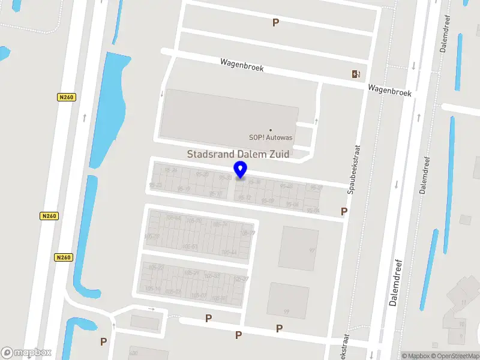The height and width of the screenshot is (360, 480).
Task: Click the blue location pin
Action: click(241, 170)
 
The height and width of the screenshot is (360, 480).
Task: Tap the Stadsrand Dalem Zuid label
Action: click(238, 154)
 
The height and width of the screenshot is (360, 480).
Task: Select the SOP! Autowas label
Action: click(271, 137)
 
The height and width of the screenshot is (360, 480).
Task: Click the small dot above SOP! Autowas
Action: click(271, 130)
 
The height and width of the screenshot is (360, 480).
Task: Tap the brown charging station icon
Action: click(356, 74)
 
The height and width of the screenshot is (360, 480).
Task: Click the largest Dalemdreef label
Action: click(394, 282)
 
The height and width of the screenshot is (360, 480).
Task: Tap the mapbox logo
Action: click(26, 353)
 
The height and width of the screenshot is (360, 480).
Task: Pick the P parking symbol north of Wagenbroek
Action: click(276, 22)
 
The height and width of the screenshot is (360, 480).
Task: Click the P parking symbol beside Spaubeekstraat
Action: click(344, 211)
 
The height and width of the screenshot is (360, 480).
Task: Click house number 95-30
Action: click(202, 175)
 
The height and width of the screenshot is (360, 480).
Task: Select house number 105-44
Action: click(229, 253)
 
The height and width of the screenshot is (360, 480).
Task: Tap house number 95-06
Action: click(292, 205)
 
